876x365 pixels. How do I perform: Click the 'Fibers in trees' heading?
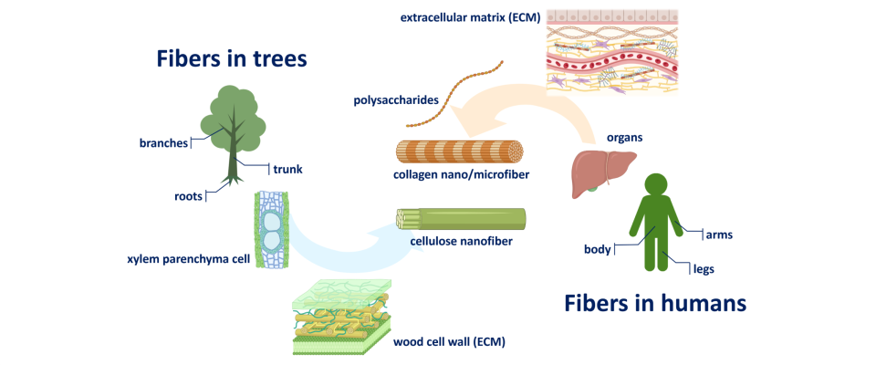tap(232, 58)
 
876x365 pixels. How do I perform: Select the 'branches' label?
tap(163, 143)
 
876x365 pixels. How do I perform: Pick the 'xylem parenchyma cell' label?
tap(191, 260)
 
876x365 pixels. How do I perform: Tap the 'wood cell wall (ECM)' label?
tap(449, 341)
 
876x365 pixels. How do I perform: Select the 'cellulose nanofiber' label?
tap(461, 242)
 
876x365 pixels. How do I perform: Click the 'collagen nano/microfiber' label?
tap(461, 175)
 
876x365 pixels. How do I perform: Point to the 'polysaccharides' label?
tap(396, 100)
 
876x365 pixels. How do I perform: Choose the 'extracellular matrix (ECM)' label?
tap(470, 18)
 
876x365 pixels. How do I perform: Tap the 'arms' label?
tap(719, 235)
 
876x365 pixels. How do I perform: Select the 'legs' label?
tap(704, 269)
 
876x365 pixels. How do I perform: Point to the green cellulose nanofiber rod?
tap(461, 219)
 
